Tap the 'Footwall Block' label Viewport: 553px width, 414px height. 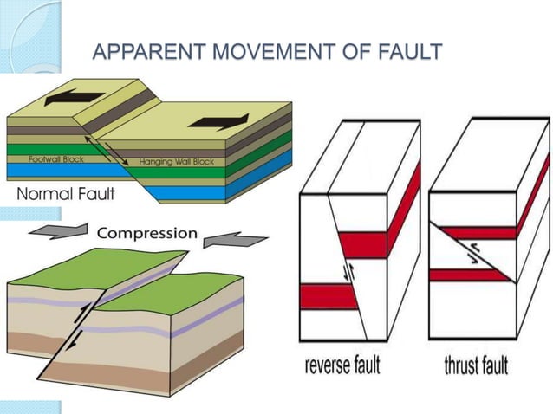coord(55,161)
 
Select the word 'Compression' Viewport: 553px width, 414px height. coord(147,234)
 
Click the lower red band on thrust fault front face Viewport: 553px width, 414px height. coord(469,276)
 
